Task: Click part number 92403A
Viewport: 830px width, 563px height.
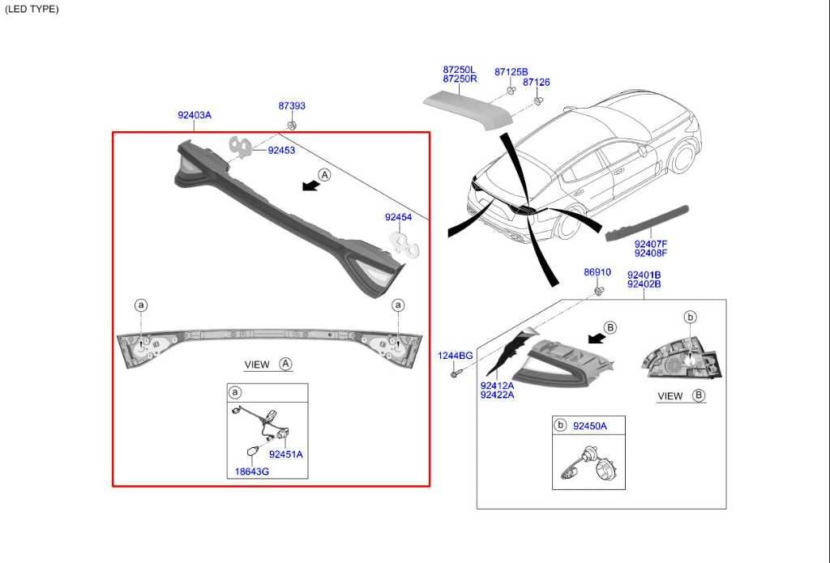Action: coord(195,115)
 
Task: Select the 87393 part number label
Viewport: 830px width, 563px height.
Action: coord(292,106)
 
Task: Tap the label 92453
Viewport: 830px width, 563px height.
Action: coord(281,151)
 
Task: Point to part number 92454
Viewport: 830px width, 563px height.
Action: coord(399,217)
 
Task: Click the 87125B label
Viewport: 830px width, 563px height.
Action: coord(511,72)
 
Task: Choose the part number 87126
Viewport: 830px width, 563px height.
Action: coord(537,82)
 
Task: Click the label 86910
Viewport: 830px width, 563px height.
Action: coord(597,272)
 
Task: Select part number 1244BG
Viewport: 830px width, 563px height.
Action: coord(456,356)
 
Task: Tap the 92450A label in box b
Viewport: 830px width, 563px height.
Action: coord(590,426)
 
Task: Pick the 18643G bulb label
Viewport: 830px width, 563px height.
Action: coord(252,471)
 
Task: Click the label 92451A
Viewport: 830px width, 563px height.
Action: coord(286,454)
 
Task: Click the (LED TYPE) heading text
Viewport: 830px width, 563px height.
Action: coord(32,9)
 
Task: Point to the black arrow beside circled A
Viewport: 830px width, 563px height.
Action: coord(310,186)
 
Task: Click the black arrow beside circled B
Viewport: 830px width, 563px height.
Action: coord(597,337)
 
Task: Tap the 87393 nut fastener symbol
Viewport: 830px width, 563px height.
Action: coord(292,126)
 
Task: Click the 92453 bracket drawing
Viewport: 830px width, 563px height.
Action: coord(240,147)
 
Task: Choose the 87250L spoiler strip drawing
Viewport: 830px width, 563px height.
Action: coord(468,109)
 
